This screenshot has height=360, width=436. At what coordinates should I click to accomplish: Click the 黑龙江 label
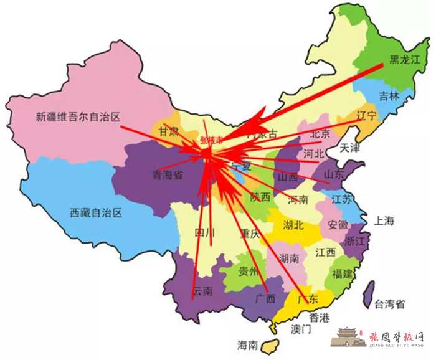405,60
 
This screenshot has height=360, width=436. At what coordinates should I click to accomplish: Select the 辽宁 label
367,116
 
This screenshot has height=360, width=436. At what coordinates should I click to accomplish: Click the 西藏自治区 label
96,212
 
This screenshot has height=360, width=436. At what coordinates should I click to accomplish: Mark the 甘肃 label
168,131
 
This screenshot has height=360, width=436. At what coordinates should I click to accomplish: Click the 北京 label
320,133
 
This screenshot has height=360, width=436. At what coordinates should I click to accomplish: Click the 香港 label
320,317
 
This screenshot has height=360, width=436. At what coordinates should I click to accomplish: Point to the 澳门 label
301,329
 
